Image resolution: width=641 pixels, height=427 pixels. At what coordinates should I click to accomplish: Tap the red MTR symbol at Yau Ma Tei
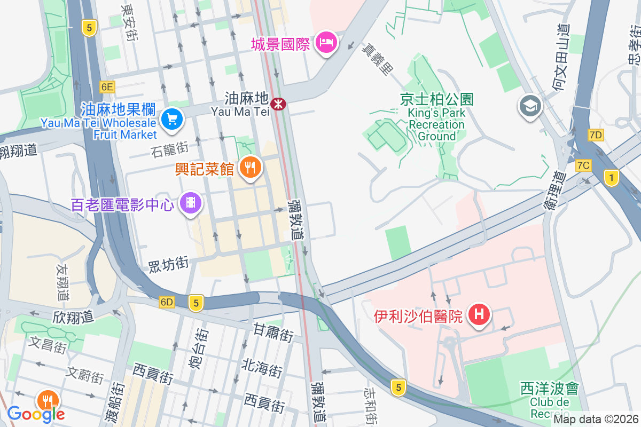click(278, 104)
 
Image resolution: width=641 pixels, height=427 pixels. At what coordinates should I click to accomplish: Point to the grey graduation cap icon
click(530, 106)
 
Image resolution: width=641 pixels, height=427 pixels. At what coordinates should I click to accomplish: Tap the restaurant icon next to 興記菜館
click(250, 168)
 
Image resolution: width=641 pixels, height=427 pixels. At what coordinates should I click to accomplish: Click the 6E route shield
click(107, 86)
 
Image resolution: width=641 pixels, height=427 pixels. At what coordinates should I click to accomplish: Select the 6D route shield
click(167, 303)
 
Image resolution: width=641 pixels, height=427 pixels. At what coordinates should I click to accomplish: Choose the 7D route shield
click(596, 135)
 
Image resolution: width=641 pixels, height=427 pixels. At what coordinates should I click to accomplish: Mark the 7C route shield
click(583, 165)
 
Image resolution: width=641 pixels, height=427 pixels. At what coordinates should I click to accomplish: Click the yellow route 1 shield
click(611, 178)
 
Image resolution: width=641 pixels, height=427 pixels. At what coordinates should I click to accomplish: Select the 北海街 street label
click(262, 368)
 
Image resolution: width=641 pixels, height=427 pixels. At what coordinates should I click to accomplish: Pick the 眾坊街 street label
click(168, 264)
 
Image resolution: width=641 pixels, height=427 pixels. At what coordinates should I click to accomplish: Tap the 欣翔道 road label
click(73, 317)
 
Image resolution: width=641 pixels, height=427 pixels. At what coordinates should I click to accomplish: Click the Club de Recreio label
click(550, 400)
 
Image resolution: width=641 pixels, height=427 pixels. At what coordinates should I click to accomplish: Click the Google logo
click(36, 414)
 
